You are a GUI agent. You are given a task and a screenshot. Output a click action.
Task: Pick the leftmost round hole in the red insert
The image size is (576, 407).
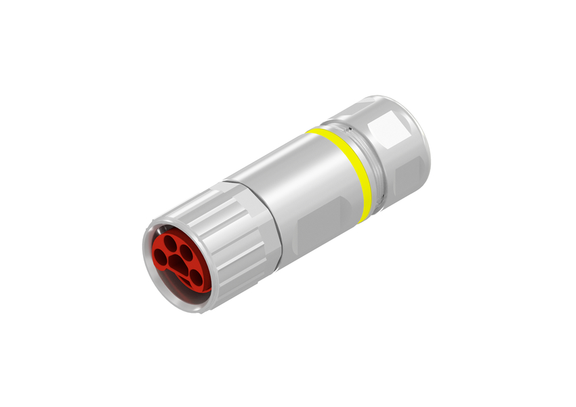[160, 257]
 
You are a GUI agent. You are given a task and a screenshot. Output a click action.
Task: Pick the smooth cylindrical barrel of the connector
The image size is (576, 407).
[298, 183]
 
